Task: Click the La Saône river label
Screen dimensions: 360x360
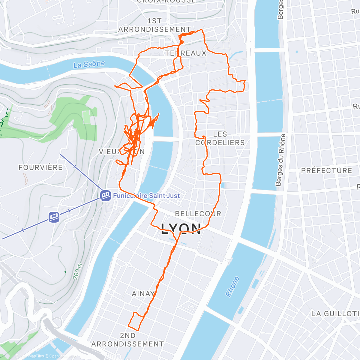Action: [89, 64]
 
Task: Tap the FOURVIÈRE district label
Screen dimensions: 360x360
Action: [40, 167]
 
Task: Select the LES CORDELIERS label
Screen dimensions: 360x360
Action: [220, 138]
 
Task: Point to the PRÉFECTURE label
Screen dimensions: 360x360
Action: [326, 170]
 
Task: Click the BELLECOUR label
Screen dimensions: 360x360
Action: [198, 214]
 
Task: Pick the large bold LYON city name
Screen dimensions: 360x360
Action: [181, 229]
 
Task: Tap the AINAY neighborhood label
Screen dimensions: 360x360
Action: [143, 293]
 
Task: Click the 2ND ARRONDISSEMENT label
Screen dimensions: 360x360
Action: [127, 340]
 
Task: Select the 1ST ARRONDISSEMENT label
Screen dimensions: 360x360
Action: [154, 25]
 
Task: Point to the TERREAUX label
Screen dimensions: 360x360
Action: [186, 53]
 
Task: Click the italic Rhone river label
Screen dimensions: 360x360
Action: [232, 287]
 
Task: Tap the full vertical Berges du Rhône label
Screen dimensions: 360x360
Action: [280, 160]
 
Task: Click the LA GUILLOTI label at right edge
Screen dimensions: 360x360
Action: [335, 314]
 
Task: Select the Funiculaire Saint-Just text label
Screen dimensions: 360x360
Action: [146, 196]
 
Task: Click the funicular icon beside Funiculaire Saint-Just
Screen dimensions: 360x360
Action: [106, 196]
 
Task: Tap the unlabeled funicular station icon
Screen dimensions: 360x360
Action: [54, 217]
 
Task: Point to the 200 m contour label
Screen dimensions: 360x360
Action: [77, 271]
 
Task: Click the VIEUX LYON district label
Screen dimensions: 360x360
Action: [122, 152]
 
